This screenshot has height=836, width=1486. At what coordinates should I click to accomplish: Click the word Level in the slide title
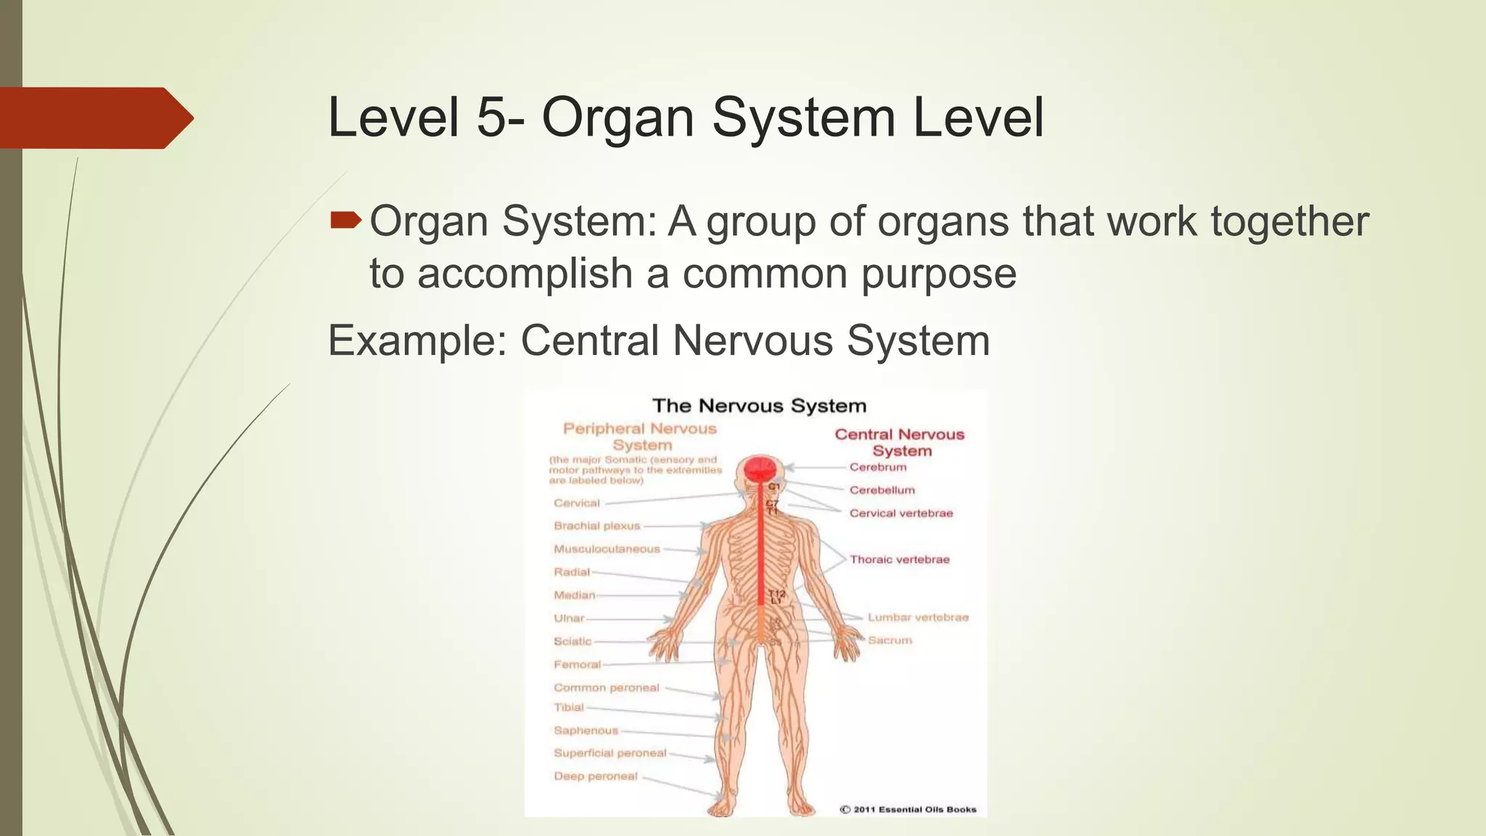(x=393, y=118)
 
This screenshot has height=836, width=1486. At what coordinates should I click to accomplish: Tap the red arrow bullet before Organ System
(x=345, y=219)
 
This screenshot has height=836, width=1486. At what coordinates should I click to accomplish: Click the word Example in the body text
(x=416, y=340)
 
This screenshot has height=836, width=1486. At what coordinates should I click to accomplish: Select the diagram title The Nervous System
(x=759, y=406)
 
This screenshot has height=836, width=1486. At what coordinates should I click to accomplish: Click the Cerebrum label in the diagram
(x=878, y=467)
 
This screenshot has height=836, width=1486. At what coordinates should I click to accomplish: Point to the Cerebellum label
(x=882, y=491)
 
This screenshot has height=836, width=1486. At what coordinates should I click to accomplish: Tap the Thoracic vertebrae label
(x=900, y=560)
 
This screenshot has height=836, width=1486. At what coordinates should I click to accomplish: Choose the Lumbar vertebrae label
(x=918, y=618)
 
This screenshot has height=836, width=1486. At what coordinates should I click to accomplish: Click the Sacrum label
(x=890, y=640)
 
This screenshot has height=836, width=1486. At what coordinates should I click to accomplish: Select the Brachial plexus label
(x=597, y=526)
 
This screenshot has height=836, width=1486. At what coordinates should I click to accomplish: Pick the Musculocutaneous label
(x=607, y=549)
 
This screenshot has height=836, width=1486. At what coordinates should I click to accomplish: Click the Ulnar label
(x=569, y=618)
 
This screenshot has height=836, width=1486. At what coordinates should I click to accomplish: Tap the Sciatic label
(x=572, y=642)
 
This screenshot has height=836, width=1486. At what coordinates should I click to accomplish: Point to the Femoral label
(x=578, y=665)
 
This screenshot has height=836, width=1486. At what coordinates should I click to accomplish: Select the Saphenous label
(x=586, y=731)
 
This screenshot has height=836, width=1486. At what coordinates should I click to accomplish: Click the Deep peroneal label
(x=596, y=776)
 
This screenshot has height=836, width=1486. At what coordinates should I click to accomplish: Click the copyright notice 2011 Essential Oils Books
(x=908, y=809)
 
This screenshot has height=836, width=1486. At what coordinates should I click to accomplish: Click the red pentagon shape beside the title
(x=94, y=118)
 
